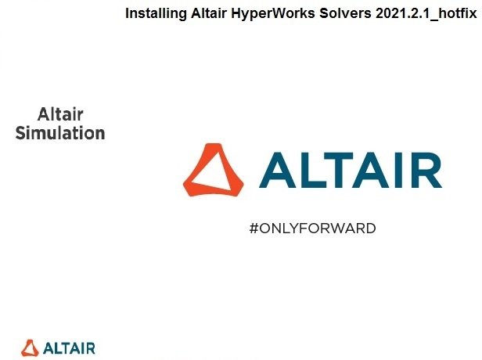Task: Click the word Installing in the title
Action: pyautogui.click(x=156, y=14)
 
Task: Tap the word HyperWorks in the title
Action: pyautogui.click(x=273, y=14)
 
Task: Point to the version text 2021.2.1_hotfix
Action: pyautogui.click(x=426, y=14)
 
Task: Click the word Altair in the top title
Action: pyautogui.click(x=209, y=13)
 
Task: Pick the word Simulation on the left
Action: pyautogui.click(x=60, y=133)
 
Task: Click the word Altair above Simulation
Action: pyautogui.click(x=60, y=114)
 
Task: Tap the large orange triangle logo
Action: pyautogui.click(x=213, y=170)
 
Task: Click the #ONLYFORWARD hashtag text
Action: pyautogui.click(x=313, y=229)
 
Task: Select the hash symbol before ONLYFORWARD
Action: pyautogui.click(x=254, y=229)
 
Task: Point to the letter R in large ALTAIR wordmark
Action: pyautogui.click(x=426, y=170)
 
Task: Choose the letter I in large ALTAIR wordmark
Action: pyautogui.click(x=398, y=170)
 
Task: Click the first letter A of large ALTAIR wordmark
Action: pyautogui.click(x=278, y=170)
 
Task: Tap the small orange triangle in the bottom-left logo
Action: pyautogui.click(x=30, y=348)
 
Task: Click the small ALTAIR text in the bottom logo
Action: pyautogui.click(x=69, y=348)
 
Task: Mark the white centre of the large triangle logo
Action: pyautogui.click(x=213, y=172)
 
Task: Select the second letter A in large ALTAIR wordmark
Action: pyautogui.click(x=371, y=170)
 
